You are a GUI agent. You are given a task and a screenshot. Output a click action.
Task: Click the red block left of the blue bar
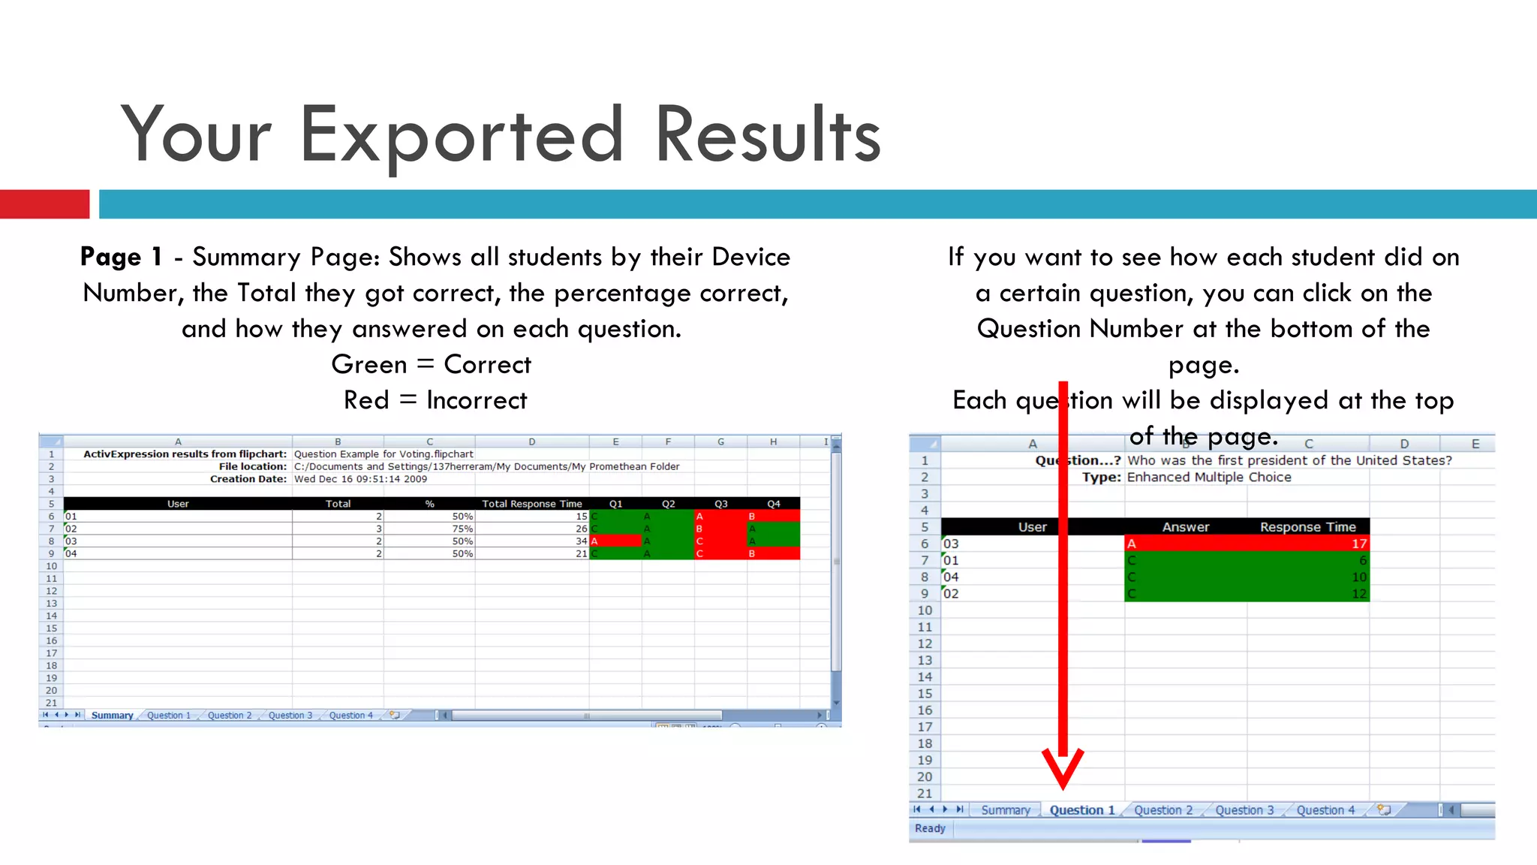[44, 204]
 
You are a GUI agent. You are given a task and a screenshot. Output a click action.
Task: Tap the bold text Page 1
[121, 257]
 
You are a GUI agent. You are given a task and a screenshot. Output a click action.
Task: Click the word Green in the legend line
[368, 364]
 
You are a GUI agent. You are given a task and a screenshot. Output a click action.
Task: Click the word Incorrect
[477, 400]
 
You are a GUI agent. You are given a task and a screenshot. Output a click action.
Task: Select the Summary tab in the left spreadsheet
[112, 716]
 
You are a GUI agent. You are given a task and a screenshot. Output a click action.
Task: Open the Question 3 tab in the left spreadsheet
[290, 716]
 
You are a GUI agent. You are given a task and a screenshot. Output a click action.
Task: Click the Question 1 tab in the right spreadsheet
[1081, 810]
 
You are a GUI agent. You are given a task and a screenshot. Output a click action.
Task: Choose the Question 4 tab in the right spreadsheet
[1325, 810]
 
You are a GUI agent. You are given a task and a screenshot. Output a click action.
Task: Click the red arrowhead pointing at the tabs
[1063, 770]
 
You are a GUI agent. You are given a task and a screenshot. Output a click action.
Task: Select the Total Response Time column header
[531, 504]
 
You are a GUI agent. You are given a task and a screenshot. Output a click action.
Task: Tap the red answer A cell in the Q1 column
[615, 541]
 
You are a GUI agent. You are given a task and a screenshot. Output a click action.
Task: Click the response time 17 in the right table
[1358, 544]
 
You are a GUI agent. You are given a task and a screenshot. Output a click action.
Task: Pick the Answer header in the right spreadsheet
[1185, 527]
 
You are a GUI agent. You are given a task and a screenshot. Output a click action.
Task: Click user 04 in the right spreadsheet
[951, 577]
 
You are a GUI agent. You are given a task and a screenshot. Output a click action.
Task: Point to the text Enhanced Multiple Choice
[1208, 478]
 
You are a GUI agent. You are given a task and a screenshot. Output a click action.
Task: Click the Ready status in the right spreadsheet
[930, 828]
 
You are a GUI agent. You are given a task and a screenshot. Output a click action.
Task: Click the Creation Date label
[248, 479]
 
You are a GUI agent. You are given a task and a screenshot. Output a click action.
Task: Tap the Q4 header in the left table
[773, 504]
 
